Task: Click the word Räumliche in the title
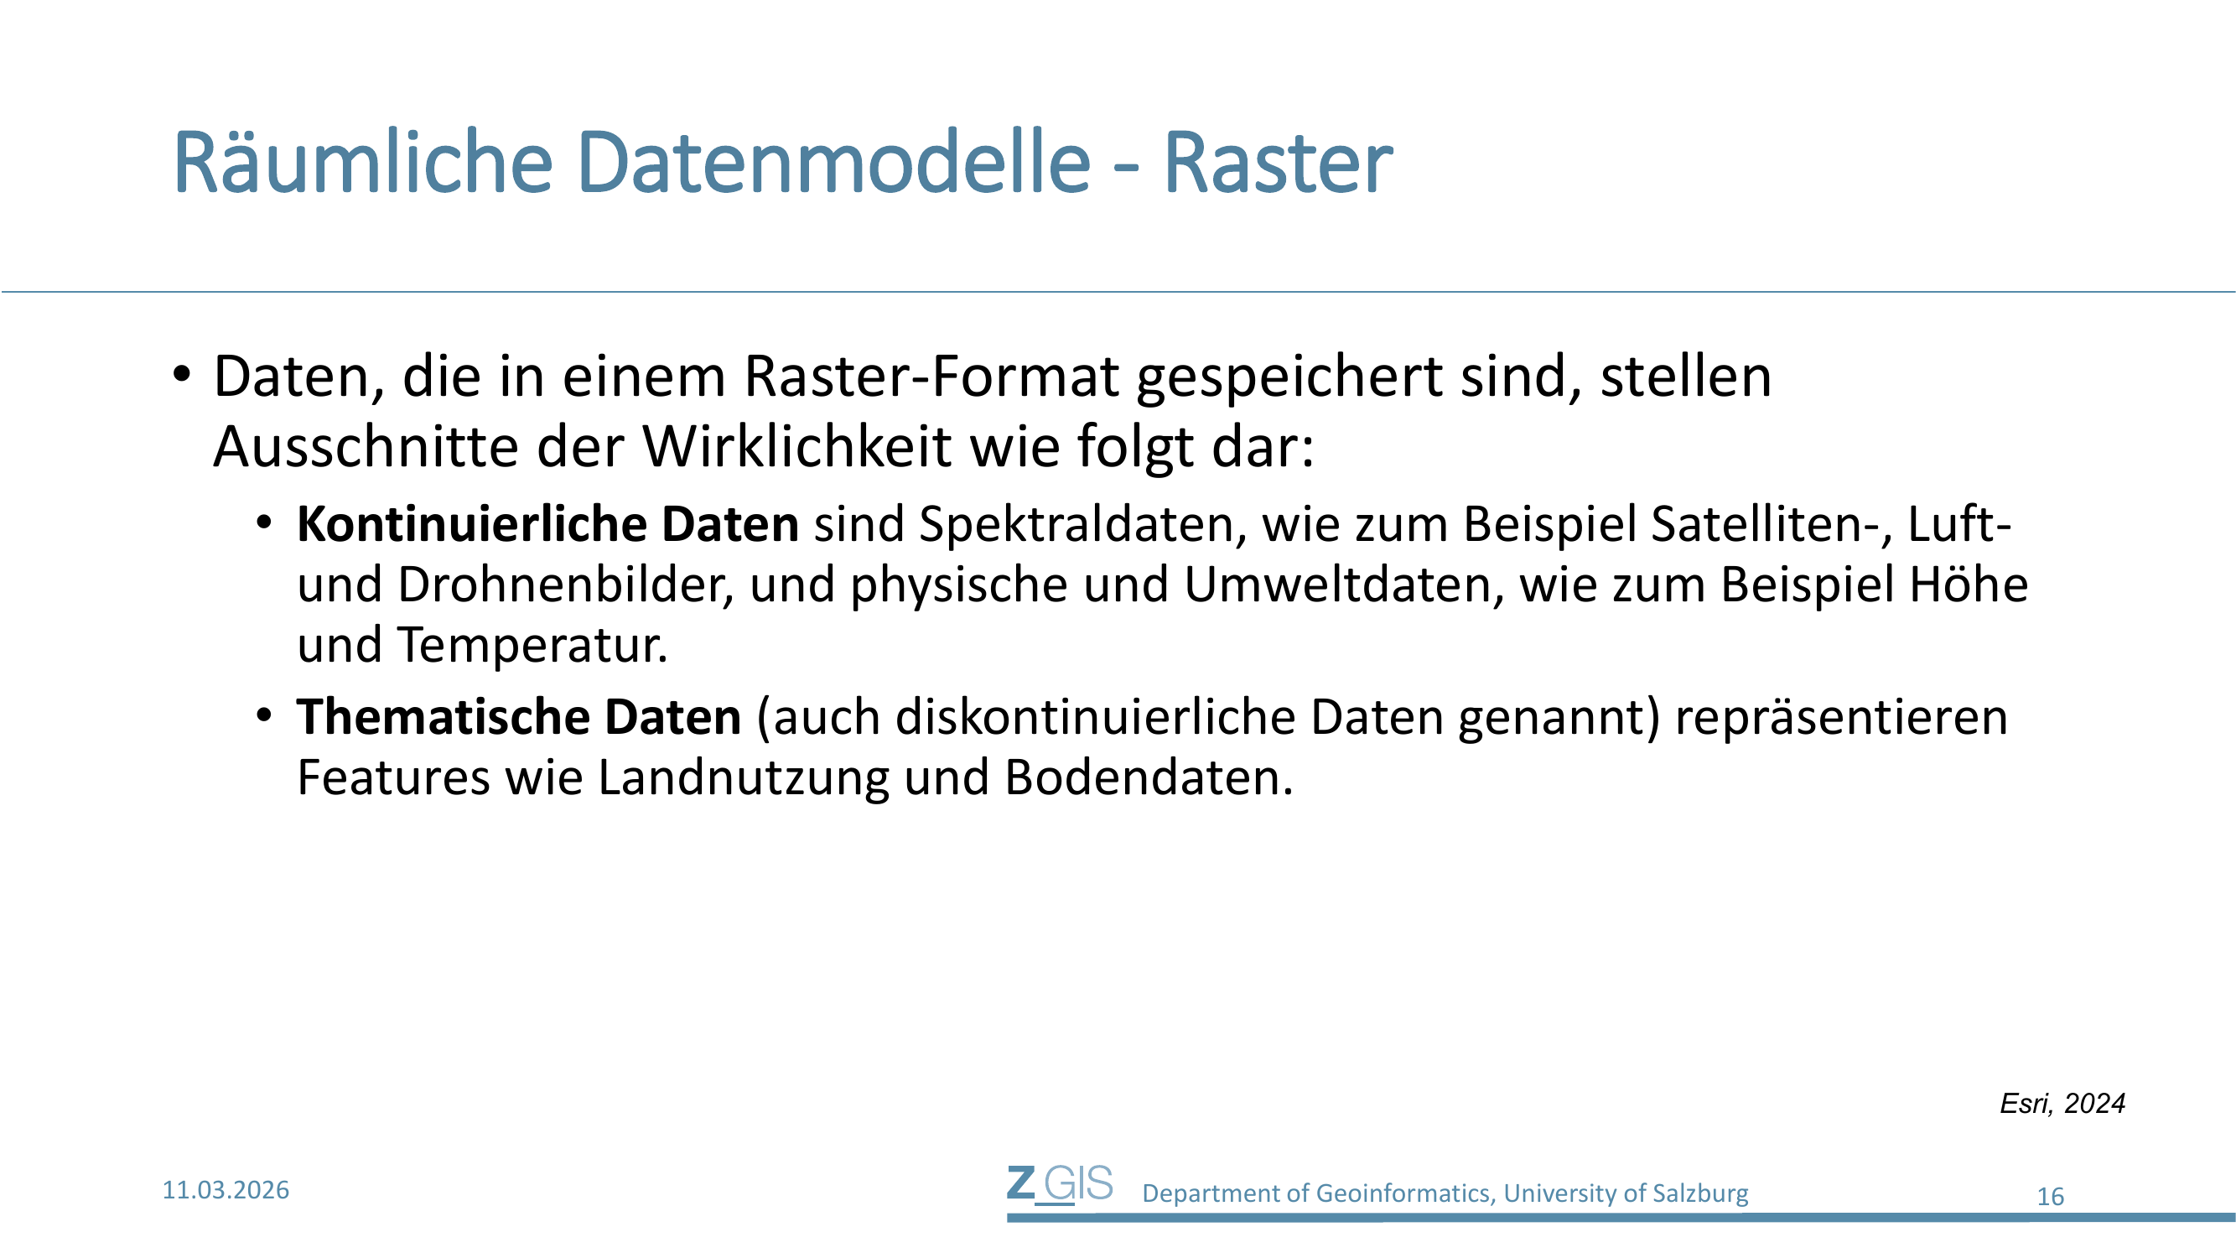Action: point(363,163)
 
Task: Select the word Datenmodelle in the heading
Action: point(833,163)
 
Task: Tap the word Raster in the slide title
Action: point(1278,163)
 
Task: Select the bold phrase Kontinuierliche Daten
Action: point(547,524)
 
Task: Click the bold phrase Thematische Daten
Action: point(519,717)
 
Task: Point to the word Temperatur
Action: point(533,646)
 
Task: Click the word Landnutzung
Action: point(744,779)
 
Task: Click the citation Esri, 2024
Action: point(2062,1104)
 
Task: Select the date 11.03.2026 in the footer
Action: point(226,1190)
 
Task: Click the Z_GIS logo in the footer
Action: point(1060,1185)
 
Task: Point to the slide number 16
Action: point(2050,1198)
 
